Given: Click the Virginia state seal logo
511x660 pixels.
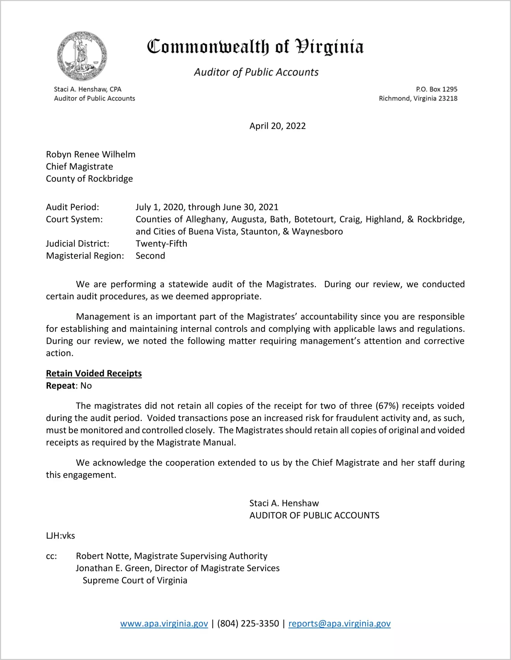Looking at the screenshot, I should point(82,56).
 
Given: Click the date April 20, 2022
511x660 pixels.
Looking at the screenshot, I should point(277,126).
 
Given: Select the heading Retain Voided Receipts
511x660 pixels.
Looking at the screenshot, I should point(94,373).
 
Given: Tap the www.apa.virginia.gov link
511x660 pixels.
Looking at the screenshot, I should point(164,623).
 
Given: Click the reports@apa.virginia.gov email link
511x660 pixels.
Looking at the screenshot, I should point(339,623).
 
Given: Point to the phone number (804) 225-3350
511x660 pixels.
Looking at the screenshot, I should point(248,623).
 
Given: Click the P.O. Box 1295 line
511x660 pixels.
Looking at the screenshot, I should point(436,89).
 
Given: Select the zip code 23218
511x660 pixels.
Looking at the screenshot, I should point(448,98).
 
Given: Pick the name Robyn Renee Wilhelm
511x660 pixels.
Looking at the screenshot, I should point(91,154).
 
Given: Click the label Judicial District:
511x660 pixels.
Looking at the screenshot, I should point(78,244).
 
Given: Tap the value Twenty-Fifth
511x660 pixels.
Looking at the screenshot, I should point(161,244).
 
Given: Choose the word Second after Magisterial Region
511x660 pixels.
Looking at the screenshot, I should point(150,256).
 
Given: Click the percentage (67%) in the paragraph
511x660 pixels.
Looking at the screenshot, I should point(387,406).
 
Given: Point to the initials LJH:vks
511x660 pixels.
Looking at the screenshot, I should point(61,536).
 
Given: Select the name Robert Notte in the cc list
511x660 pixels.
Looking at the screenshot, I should point(103,556).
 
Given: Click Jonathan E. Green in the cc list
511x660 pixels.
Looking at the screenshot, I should point(114,568).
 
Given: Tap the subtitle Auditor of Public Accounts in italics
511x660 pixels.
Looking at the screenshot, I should point(256,72).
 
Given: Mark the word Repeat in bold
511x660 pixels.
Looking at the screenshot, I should point(61,386).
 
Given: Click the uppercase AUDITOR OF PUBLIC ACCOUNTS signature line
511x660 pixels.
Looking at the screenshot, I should point(314,515).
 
